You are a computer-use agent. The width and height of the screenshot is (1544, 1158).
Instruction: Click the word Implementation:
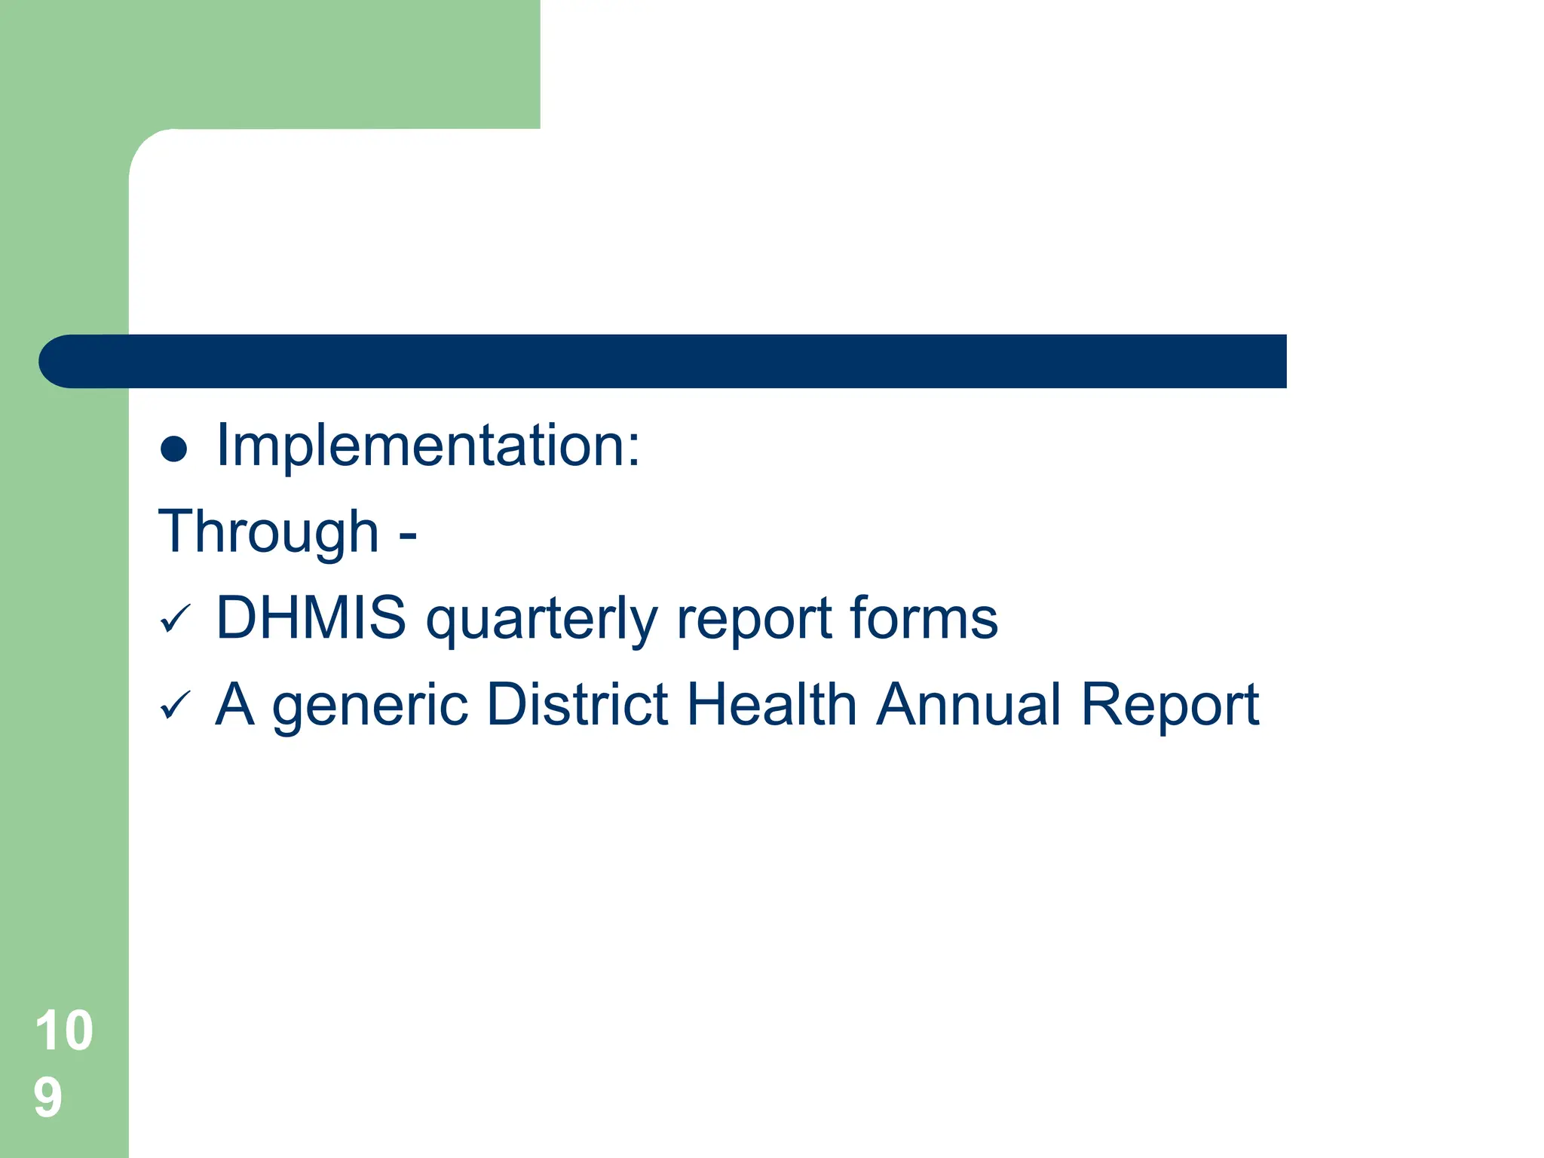pos(427,446)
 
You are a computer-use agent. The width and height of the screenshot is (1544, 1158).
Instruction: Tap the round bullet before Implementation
pos(174,449)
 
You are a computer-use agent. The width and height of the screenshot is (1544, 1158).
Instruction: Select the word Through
pos(268,532)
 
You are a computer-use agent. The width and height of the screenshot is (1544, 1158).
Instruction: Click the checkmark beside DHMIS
pos(176,620)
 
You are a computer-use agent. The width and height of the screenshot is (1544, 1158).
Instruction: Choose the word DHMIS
pos(311,618)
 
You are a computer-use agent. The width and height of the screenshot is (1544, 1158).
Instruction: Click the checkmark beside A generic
pos(176,706)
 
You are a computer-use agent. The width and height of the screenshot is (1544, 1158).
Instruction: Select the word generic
pos(369,706)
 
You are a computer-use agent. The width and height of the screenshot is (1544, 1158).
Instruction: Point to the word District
pos(577,704)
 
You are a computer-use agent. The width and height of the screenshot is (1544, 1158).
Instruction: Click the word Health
pos(772,704)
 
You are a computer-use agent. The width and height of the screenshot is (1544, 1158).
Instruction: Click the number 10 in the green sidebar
pos(64,1031)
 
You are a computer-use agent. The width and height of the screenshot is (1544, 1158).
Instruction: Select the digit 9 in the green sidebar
pos(47,1097)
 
